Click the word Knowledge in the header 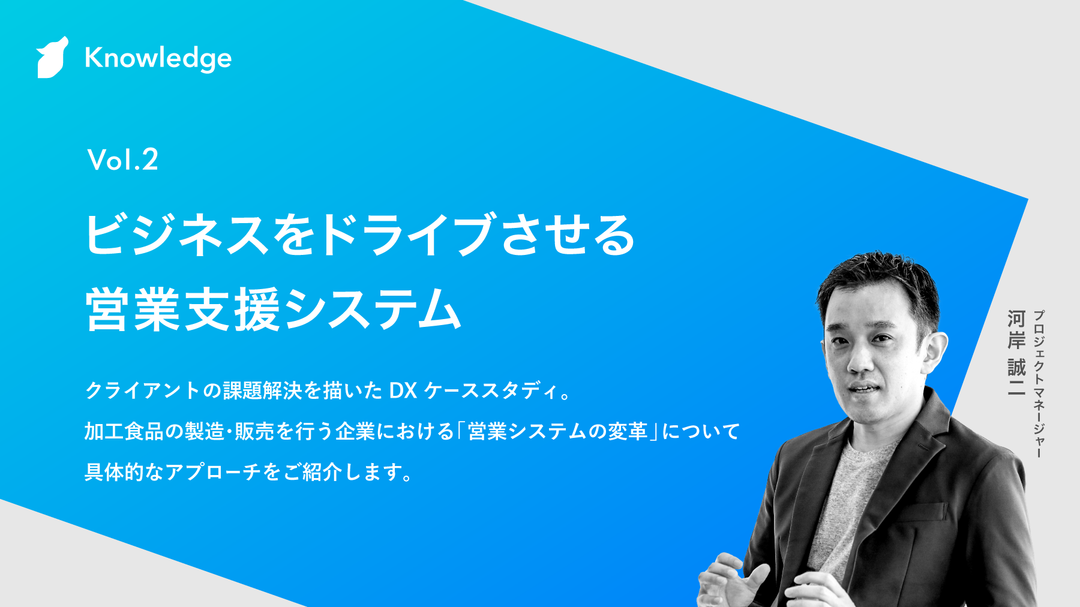pyautogui.click(x=158, y=58)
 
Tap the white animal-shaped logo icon pyautogui.click(x=52, y=58)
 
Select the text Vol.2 pyautogui.click(x=123, y=160)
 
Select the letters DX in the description pyautogui.click(x=403, y=391)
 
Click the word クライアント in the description pyautogui.click(x=143, y=390)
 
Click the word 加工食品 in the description pyautogui.click(x=124, y=431)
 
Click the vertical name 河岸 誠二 pyautogui.click(x=1016, y=353)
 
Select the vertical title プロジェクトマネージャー pyautogui.click(x=1039, y=384)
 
